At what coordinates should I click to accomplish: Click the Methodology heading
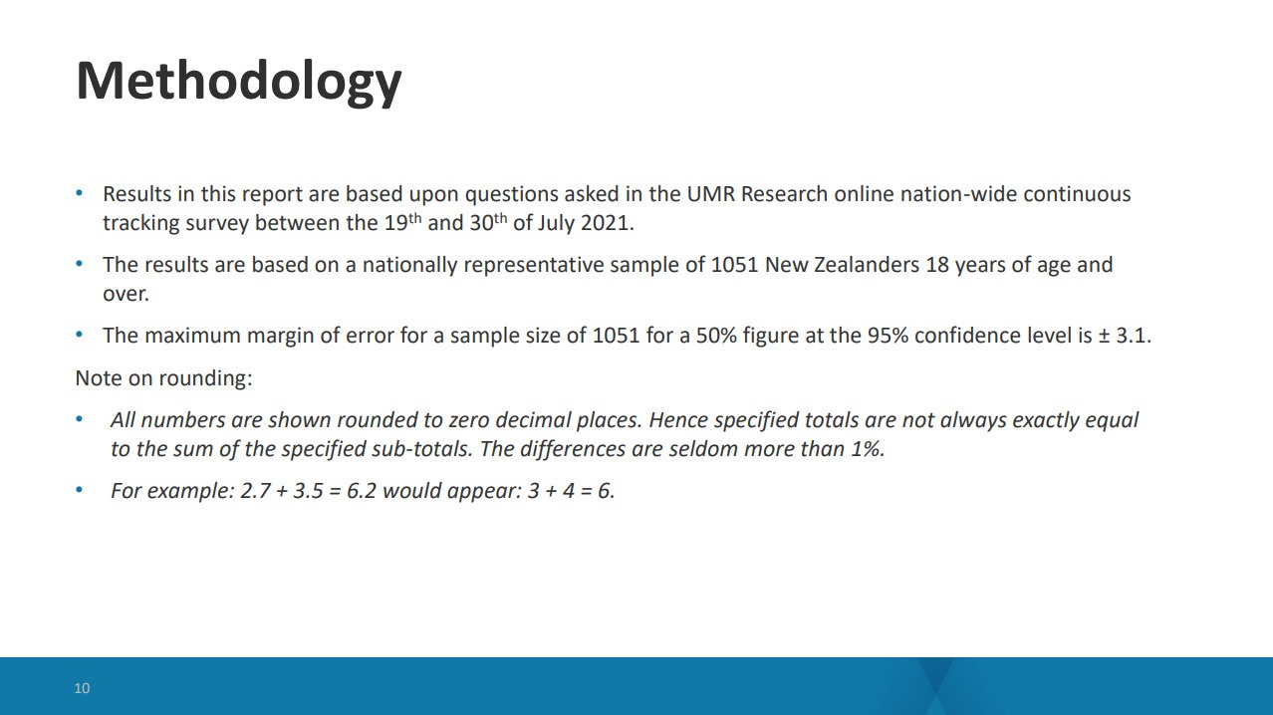tap(239, 83)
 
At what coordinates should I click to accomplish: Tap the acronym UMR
tap(711, 194)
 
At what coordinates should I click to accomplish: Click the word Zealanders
tap(867, 265)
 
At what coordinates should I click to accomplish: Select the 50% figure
tap(716, 336)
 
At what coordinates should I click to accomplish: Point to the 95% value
tap(888, 336)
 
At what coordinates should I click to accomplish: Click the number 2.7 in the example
tap(255, 491)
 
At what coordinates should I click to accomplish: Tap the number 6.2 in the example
tap(362, 491)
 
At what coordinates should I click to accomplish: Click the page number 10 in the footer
tap(82, 688)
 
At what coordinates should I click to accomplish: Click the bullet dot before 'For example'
tap(79, 489)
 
